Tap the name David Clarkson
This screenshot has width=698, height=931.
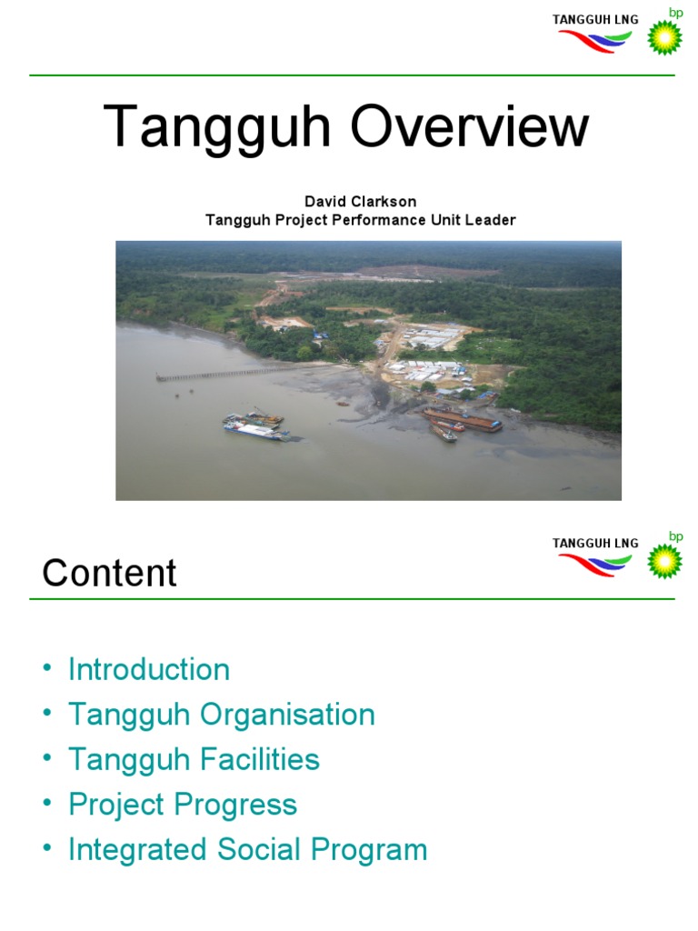pos(361,202)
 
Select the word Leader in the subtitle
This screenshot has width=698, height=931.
pos(491,220)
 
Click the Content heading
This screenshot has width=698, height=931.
pos(110,574)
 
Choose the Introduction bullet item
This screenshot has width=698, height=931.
pos(149,670)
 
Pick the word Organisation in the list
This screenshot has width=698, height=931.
pos(287,715)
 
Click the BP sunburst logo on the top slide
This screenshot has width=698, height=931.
pos(664,36)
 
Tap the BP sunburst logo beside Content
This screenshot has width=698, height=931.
pos(664,560)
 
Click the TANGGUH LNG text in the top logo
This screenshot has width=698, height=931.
pos(595,19)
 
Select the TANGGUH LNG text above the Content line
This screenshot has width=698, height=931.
pos(595,543)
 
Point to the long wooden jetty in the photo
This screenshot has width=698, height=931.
pos(227,374)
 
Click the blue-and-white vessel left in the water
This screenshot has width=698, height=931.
pos(257,428)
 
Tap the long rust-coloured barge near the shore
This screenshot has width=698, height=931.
pos(462,419)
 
